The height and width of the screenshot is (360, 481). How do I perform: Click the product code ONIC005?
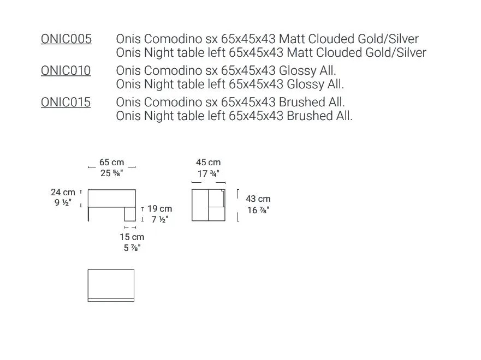point(66,39)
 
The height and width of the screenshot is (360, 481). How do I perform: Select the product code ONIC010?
point(66,71)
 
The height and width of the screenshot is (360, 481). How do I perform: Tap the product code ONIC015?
point(66,103)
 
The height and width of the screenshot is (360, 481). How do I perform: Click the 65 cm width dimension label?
point(112,162)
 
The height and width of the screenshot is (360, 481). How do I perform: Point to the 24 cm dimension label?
point(63,192)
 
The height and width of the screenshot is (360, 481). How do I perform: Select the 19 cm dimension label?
point(160,209)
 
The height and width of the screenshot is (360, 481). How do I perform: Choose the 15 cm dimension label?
point(132,237)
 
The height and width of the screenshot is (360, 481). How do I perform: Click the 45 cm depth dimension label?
point(209,162)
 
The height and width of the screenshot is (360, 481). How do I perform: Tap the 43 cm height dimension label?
point(258,199)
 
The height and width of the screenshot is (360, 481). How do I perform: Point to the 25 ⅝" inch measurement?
point(112,173)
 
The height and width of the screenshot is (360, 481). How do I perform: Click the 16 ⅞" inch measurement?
point(258,210)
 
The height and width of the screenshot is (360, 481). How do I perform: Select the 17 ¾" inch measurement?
point(209,173)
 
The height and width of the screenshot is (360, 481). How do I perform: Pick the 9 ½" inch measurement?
point(63,202)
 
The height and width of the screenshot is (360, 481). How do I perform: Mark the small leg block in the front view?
point(130,214)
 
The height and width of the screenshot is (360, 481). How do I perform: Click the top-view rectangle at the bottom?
point(111,285)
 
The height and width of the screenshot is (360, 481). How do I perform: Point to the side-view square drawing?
point(209,205)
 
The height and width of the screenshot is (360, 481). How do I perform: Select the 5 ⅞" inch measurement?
point(132,248)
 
